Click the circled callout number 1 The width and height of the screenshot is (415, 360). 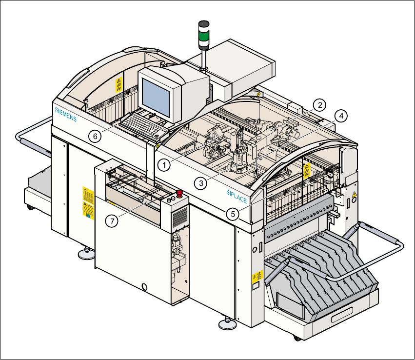165,165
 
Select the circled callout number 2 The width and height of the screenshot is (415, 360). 319,104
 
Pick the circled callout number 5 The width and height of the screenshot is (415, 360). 233,214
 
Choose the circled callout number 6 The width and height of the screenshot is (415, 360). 96,136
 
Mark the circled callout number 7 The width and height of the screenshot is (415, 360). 113,221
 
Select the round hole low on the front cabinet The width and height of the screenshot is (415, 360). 144,286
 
